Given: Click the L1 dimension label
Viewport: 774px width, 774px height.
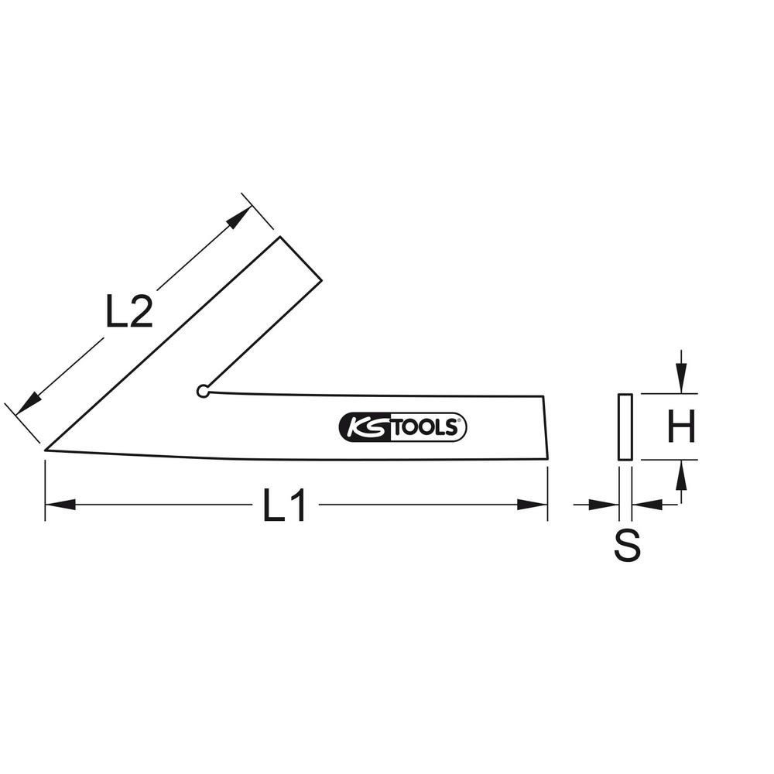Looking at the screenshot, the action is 284,505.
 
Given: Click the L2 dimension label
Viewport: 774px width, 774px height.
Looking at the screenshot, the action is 128,311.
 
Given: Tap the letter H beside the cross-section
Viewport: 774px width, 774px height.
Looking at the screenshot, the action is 681,426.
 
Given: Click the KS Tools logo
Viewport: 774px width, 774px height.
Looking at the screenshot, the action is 402,427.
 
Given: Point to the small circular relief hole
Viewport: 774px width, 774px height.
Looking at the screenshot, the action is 202,392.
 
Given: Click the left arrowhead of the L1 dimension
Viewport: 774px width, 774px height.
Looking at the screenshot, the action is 60,505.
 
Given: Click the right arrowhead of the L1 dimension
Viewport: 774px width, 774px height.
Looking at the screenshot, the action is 533,505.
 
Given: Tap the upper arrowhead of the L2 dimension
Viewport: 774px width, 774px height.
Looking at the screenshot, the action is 239,217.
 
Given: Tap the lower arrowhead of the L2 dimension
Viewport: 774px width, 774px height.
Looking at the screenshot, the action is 29,403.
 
